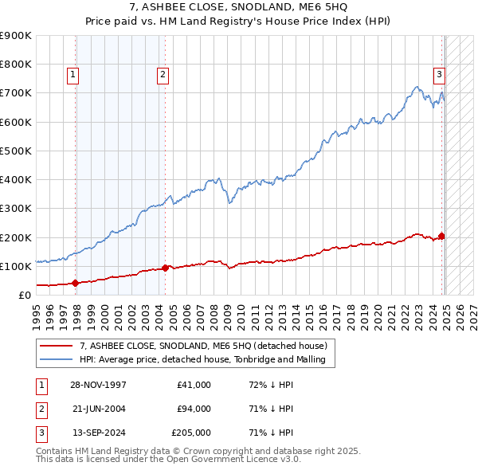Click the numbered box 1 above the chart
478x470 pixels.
(72, 75)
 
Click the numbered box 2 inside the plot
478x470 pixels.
(163, 75)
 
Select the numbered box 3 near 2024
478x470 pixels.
(439, 75)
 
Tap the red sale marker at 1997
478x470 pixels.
(76, 282)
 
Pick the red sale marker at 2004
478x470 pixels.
(165, 268)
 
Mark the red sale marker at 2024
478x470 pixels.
(441, 236)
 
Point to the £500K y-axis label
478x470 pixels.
(16, 151)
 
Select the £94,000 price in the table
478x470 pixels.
(194, 409)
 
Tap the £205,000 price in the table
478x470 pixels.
(191, 433)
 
